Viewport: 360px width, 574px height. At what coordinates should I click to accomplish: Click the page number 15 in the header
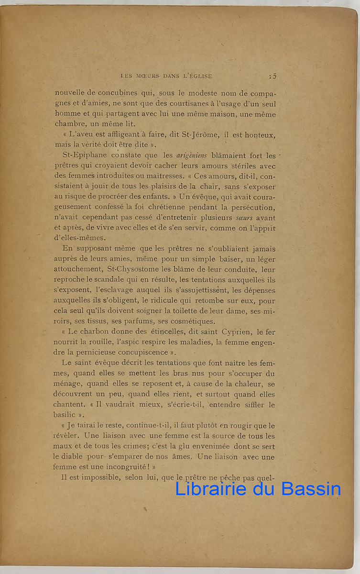click(273, 76)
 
